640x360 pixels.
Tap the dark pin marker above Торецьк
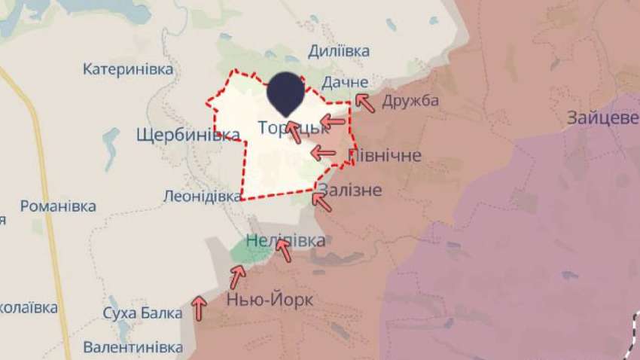click(x=287, y=93)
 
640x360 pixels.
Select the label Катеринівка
click(x=128, y=69)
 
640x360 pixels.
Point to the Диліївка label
click(x=339, y=51)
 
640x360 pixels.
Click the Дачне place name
click(x=344, y=81)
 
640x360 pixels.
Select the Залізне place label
click(x=349, y=189)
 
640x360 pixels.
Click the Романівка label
click(x=58, y=206)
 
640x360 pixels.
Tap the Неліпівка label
click(x=286, y=241)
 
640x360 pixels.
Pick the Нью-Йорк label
click(x=270, y=299)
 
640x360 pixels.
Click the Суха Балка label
click(x=143, y=313)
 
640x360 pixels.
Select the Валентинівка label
click(x=133, y=347)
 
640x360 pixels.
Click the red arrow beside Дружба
click(x=365, y=103)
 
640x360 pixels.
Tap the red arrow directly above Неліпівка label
click(x=284, y=249)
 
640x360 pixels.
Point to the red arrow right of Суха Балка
click(x=199, y=307)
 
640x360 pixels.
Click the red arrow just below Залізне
click(x=322, y=201)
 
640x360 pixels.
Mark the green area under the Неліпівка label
click(x=251, y=254)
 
